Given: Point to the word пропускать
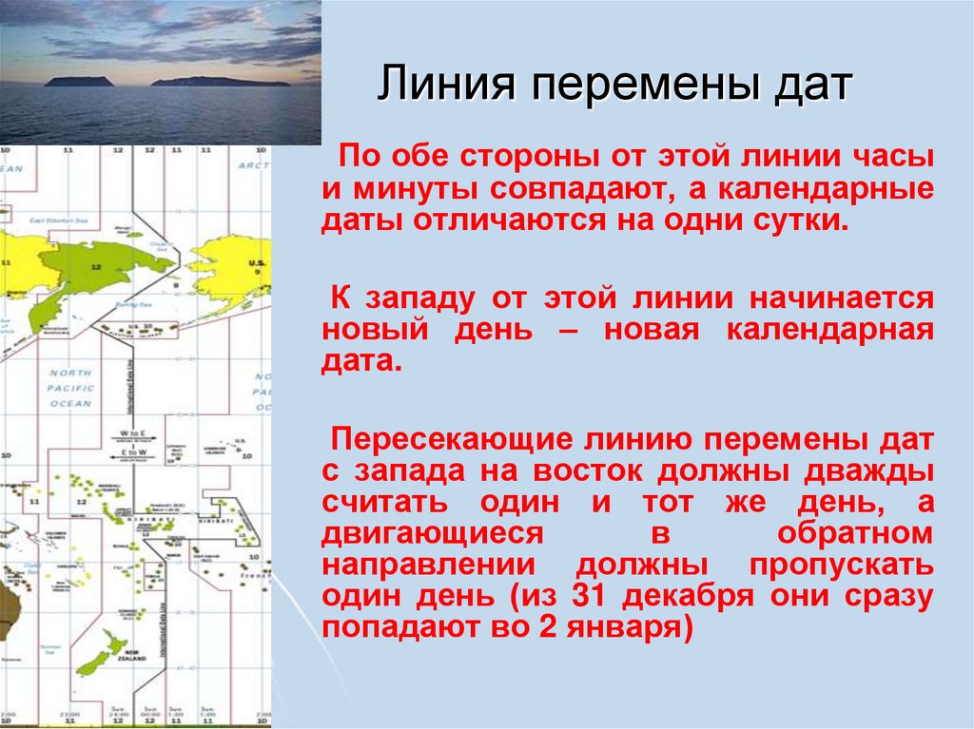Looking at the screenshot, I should point(839,565).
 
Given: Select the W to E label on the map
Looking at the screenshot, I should point(130,433).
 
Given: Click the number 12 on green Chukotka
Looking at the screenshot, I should point(95,268).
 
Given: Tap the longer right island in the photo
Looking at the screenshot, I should point(221,82).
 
